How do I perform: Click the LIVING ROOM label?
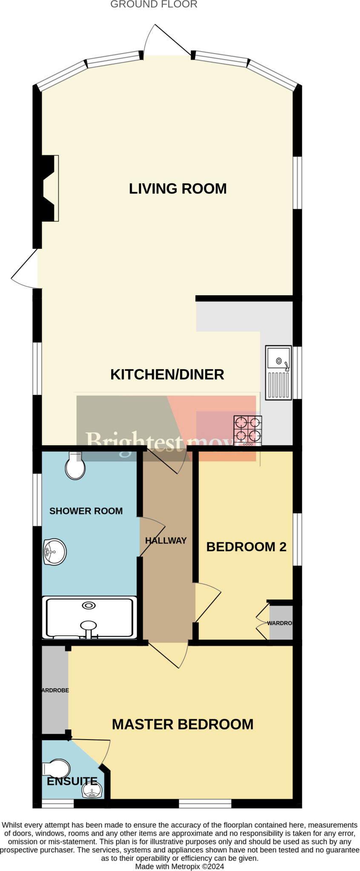tap(177, 189)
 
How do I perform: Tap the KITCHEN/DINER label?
tap(167, 375)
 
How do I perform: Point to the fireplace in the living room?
tap(49, 188)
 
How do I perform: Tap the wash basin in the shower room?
tap(55, 552)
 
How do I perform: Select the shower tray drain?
tap(89, 606)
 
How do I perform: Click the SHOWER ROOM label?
tap(86, 511)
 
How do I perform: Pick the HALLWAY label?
tap(166, 541)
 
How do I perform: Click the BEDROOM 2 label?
tap(246, 547)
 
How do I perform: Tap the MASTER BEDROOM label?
tap(183, 725)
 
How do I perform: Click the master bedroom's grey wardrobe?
tap(54, 690)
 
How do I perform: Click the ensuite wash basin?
tap(91, 790)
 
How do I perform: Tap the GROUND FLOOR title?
tap(154, 5)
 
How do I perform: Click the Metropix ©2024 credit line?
tap(180, 866)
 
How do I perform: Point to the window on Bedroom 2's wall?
tap(297, 539)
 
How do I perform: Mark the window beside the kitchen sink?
tap(297, 373)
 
